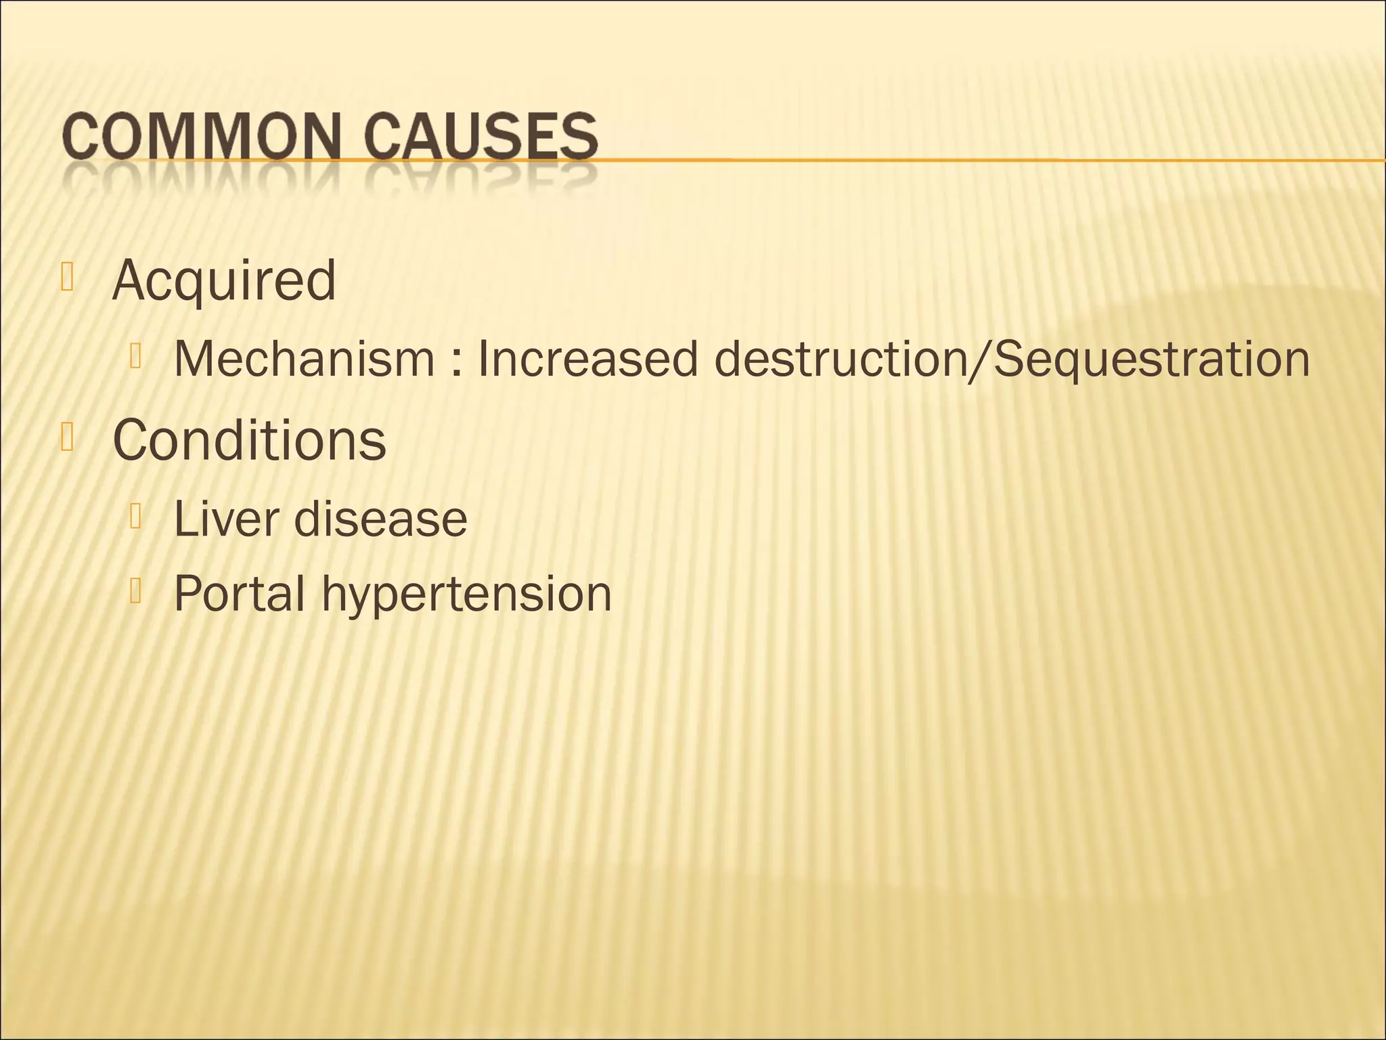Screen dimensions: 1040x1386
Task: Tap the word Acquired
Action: [x=224, y=280]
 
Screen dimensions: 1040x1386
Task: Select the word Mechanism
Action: [x=304, y=359]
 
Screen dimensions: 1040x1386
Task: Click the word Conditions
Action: [x=249, y=440]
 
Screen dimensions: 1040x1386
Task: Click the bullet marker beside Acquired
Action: [x=66, y=277]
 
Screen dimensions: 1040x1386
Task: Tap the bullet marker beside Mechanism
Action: [x=135, y=356]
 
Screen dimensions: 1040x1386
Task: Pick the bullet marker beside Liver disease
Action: [x=135, y=517]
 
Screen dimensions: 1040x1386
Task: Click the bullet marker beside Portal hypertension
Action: [x=135, y=590]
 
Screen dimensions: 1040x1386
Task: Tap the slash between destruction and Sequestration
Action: [x=980, y=359]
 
